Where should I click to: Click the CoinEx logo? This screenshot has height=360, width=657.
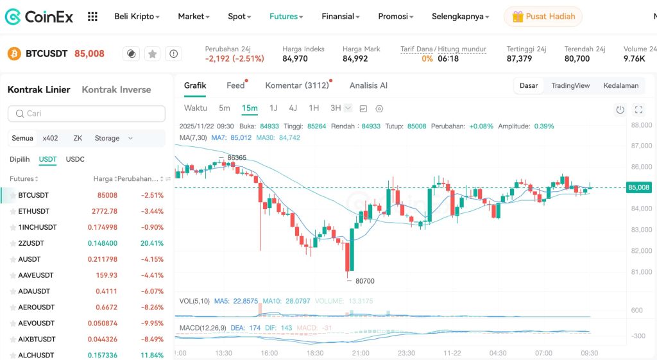[x=40, y=17]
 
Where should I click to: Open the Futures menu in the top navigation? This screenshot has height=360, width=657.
[x=286, y=17]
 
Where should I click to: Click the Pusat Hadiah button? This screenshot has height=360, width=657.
[x=543, y=17]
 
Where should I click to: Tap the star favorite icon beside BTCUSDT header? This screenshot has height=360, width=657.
[x=152, y=54]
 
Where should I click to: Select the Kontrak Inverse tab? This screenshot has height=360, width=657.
[x=116, y=90]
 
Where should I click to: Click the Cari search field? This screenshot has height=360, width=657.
[x=87, y=114]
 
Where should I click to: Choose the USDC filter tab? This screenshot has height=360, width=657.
[x=75, y=159]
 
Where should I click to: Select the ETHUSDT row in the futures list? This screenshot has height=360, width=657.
[x=34, y=211]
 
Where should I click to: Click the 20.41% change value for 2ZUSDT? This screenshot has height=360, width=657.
[x=153, y=243]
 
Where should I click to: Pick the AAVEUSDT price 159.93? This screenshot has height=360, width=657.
[x=107, y=275]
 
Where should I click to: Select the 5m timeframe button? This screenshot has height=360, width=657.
[x=224, y=108]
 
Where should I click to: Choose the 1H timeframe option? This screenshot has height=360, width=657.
[x=313, y=108]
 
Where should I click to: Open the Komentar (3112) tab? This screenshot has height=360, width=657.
[x=296, y=85]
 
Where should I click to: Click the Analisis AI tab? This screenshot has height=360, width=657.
[x=368, y=85]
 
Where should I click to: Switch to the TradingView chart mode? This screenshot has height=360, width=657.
[x=570, y=85]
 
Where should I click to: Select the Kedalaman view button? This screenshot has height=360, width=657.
[x=620, y=85]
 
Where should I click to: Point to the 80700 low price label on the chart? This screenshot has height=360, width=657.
[x=364, y=281]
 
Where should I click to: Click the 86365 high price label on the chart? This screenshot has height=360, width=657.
[x=237, y=157]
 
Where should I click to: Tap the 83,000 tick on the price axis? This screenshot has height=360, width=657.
[x=642, y=230]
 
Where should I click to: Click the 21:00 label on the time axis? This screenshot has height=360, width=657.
[x=361, y=353]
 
